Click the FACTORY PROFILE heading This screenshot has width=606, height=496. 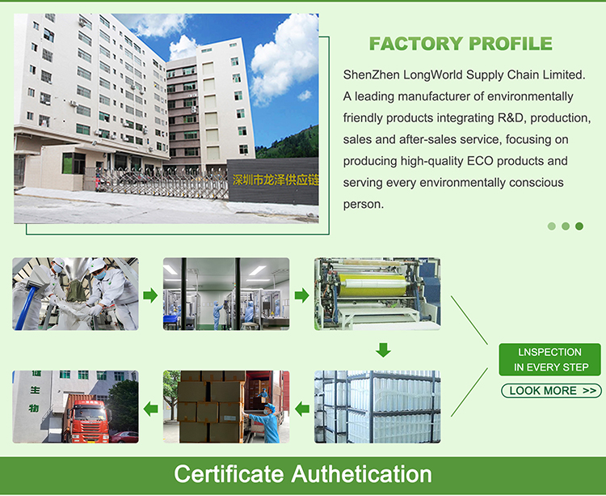(x=461, y=44)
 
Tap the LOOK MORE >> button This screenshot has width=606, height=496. (x=551, y=391)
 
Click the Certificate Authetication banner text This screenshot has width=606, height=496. (x=302, y=473)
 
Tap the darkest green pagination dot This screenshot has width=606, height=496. (x=579, y=227)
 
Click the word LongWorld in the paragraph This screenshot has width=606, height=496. (x=433, y=74)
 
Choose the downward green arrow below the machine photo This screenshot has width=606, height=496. (x=384, y=350)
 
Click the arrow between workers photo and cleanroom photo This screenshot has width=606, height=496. (x=150, y=295)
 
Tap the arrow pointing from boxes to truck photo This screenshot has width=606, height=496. (x=150, y=408)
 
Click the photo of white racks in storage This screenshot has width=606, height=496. (x=377, y=407)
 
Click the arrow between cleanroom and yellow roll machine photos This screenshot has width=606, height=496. (x=301, y=295)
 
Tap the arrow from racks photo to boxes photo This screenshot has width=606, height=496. (x=301, y=408)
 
